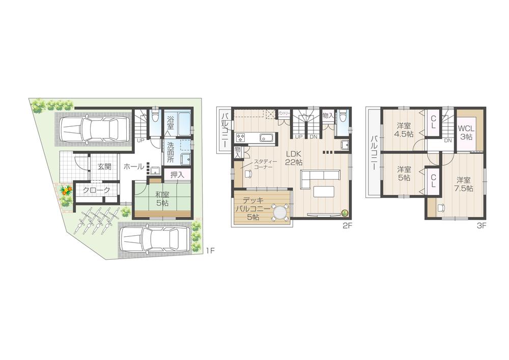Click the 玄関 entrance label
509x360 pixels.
(104, 167)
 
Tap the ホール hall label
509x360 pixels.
(133, 167)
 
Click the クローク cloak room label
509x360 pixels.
(96, 190)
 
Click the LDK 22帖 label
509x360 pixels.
(294, 158)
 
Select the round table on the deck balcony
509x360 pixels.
(279, 212)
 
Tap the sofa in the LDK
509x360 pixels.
(319, 179)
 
